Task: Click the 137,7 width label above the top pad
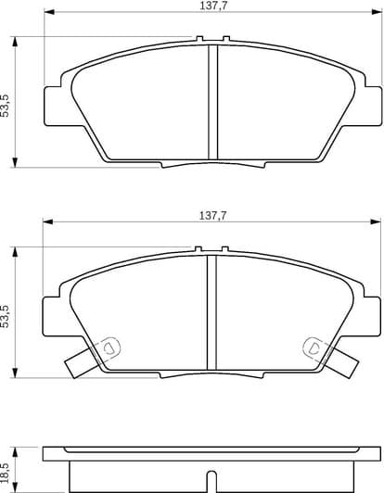coord(212,6)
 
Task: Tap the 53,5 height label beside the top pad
coord(6,103)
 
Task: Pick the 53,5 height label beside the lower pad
coord(6,314)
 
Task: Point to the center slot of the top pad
coord(211,102)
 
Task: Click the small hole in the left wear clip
coord(108,348)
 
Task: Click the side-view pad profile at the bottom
coord(211,468)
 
